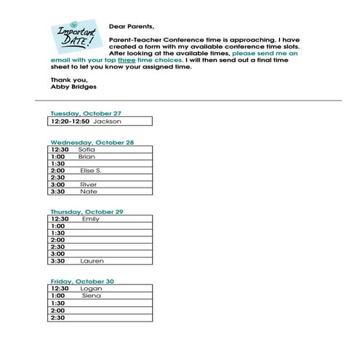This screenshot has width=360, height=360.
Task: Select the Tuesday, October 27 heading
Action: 85,113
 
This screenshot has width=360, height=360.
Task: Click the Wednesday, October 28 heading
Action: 92,143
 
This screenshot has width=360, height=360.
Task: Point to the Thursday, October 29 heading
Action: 87,212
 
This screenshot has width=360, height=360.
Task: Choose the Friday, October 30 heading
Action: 82,281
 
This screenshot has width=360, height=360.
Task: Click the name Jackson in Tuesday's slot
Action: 106,121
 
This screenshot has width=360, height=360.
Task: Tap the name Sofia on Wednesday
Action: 87,150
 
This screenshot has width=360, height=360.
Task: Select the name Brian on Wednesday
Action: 87,156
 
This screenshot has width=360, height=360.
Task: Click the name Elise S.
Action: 91,170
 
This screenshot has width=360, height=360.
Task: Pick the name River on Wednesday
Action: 88,185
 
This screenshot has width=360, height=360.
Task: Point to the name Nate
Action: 88,191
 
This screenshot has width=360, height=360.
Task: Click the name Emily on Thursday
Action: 91,219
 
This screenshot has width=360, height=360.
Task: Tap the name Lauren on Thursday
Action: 92,261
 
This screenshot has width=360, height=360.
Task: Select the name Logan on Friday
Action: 91,289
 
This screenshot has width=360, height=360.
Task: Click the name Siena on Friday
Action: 92,296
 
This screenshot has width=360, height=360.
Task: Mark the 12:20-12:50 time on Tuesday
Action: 71,121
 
